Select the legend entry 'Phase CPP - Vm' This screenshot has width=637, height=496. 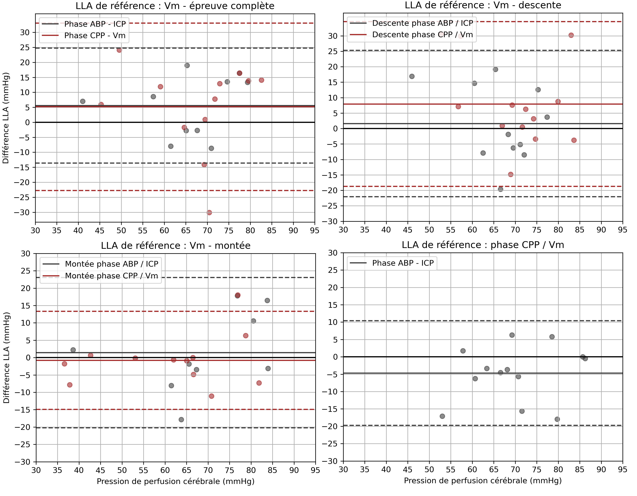pos(95,36)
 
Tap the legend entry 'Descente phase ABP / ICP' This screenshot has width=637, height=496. pos(422,23)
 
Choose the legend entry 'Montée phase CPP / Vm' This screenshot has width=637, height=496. pos(111,276)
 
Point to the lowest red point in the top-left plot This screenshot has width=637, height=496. pos(209,212)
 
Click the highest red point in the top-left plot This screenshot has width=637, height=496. pos(119,50)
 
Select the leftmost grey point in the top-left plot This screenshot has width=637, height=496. pos(83,101)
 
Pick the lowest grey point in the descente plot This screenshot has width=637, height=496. pos(500,189)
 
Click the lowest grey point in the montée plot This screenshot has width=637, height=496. pos(181,420)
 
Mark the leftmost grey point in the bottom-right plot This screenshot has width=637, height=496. pos(442,416)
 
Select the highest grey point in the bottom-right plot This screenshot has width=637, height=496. pos(512,335)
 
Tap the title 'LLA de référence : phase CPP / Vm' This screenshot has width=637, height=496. pos(483,245)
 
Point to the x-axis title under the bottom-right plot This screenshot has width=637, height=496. pos(483,481)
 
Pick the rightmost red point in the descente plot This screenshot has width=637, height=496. pos(574,140)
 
